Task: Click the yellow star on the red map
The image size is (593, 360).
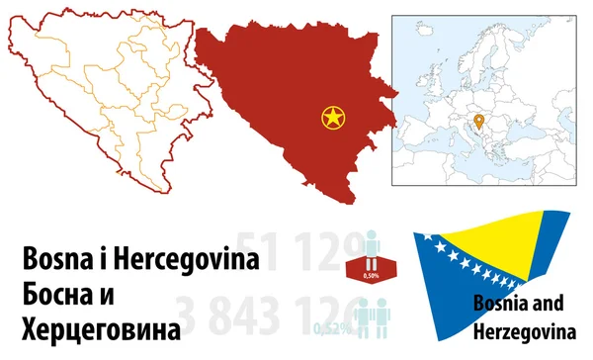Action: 334,119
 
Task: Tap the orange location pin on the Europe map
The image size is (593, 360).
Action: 478,122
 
